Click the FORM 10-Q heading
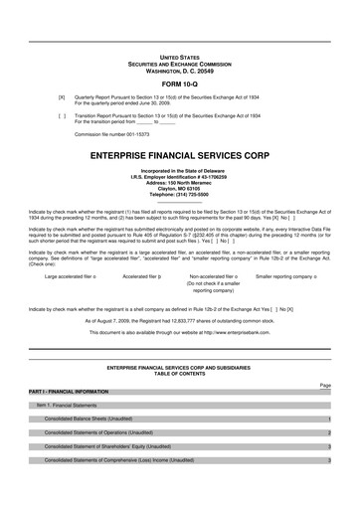click(x=180, y=83)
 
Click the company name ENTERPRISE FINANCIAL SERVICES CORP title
click(x=180, y=157)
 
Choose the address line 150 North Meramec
click(x=180, y=184)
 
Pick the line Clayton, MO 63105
click(x=180, y=190)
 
